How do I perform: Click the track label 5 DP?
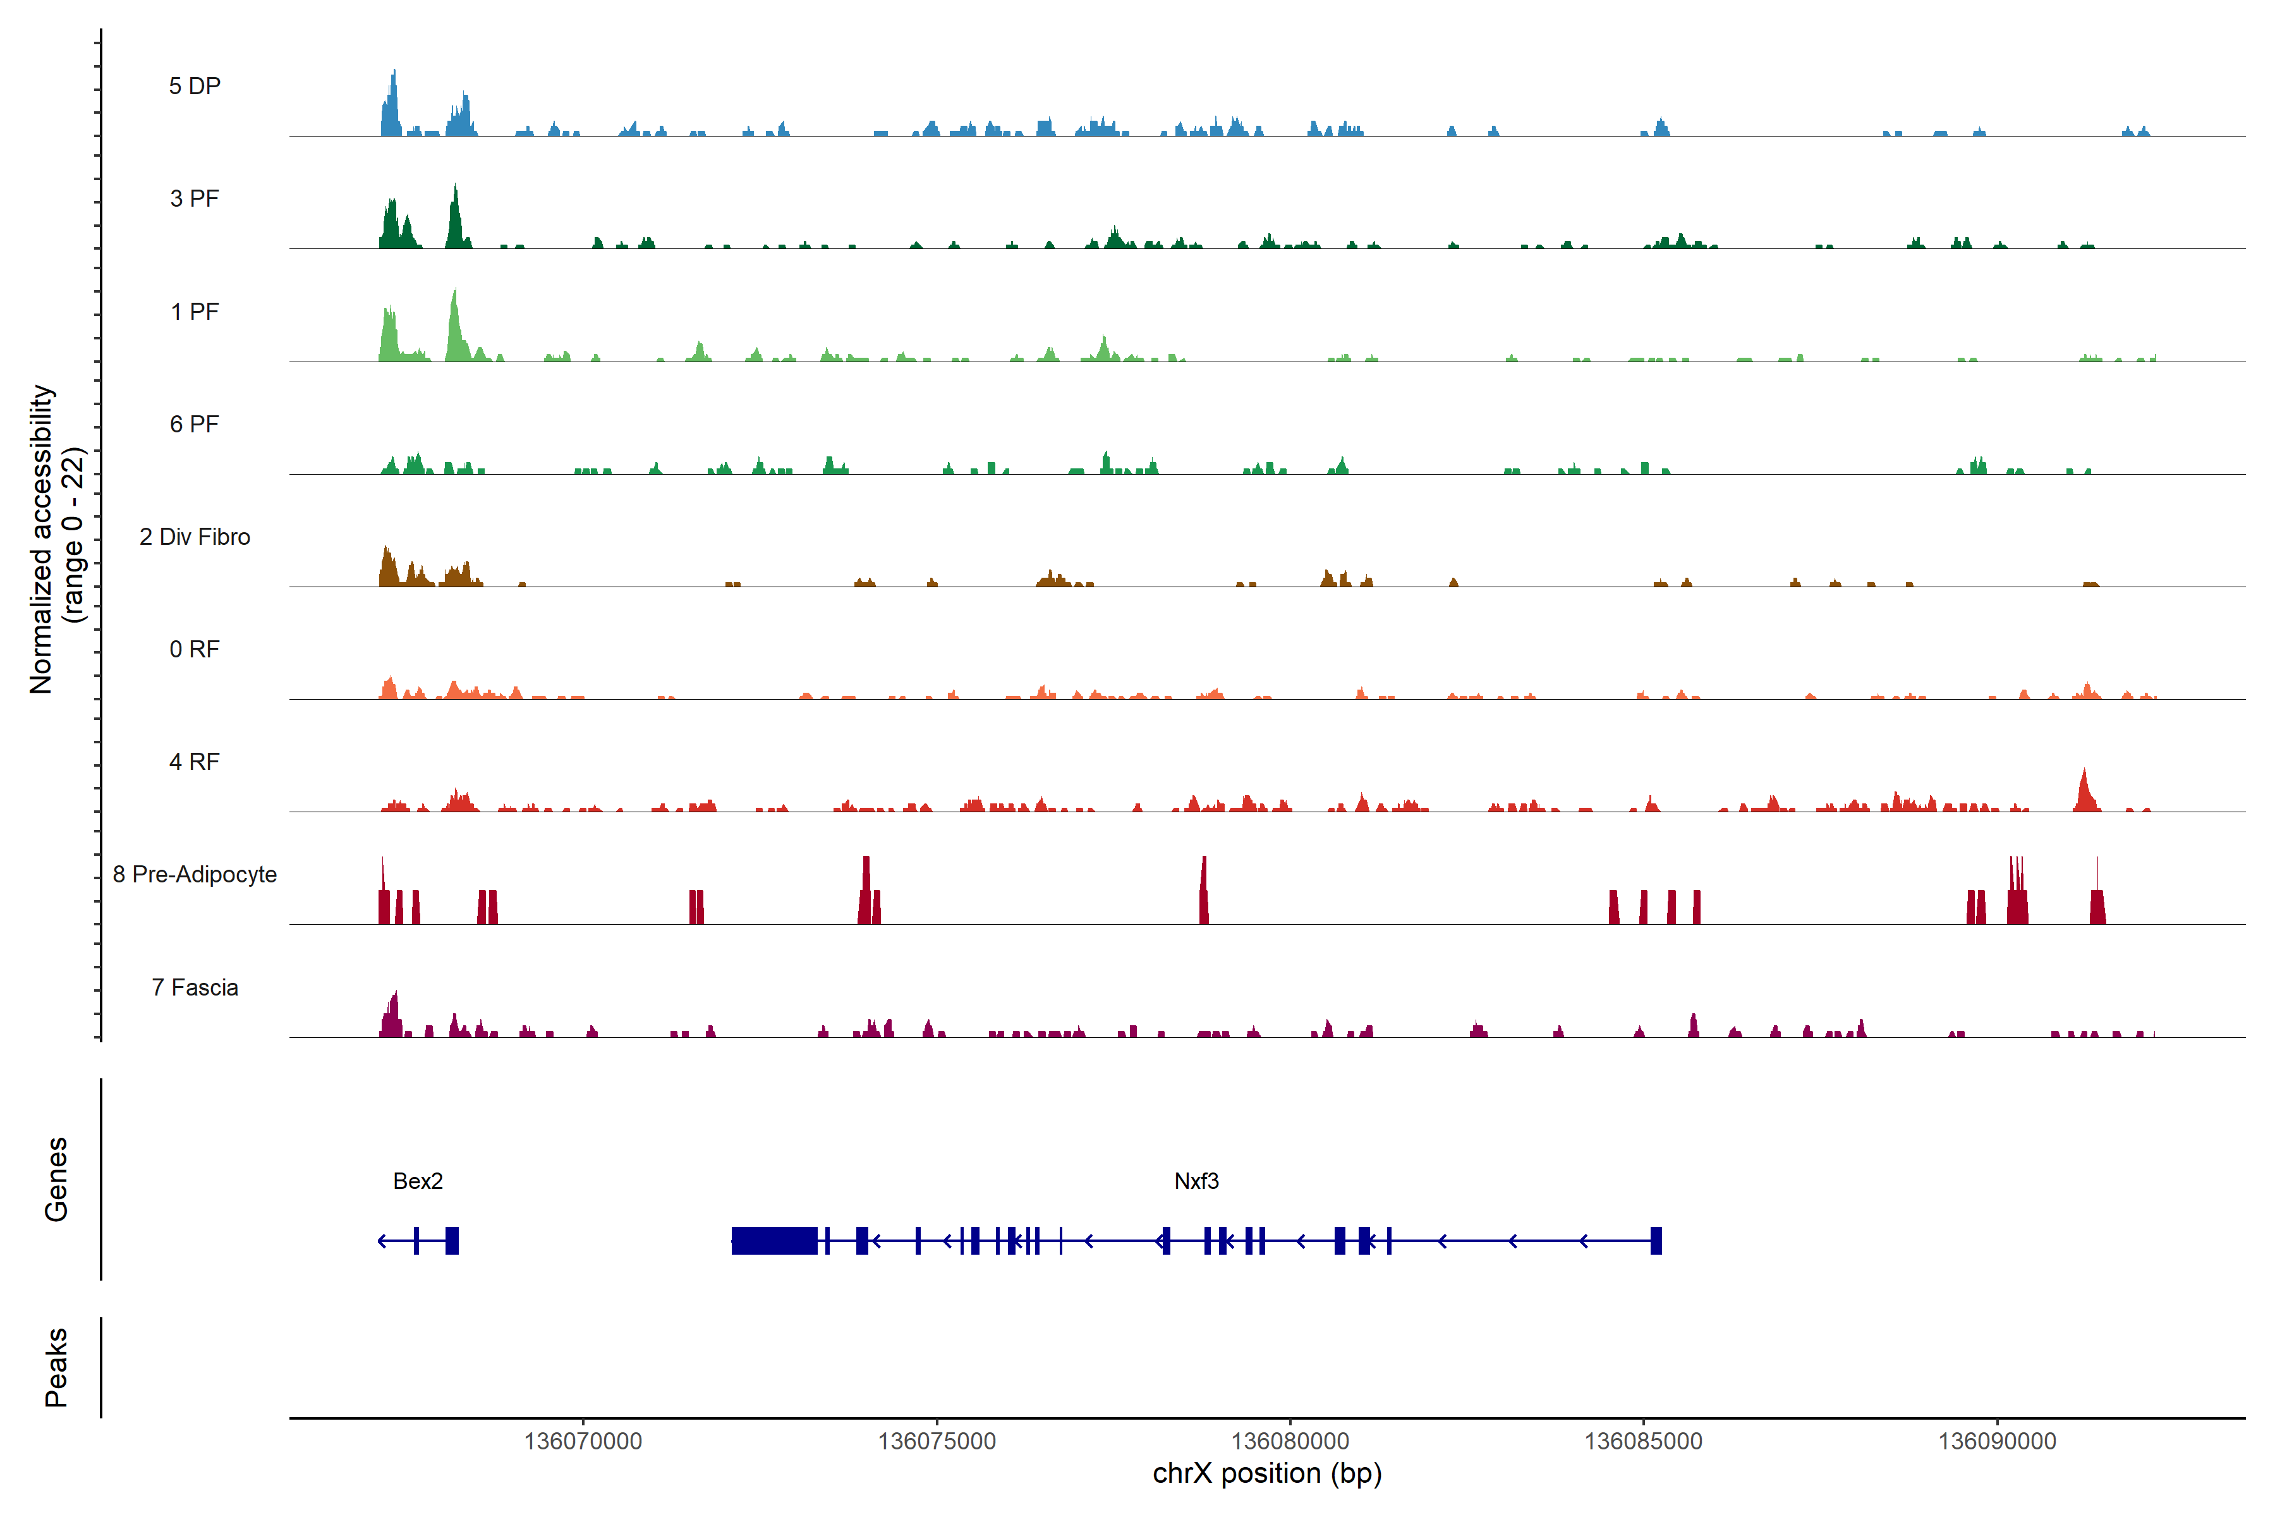pos(195,86)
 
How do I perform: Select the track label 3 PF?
pos(195,198)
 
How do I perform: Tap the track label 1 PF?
pos(195,312)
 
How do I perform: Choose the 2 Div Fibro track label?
pos(195,537)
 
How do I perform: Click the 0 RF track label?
pos(195,649)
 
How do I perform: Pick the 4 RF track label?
pos(195,762)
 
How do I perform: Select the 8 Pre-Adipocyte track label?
pos(195,875)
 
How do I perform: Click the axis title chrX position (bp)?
pos(1267,1473)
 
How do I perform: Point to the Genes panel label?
pos(56,1179)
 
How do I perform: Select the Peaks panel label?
pos(56,1367)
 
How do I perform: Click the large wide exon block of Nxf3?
pos(773,1240)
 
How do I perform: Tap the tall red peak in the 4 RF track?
pos(2084,791)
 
